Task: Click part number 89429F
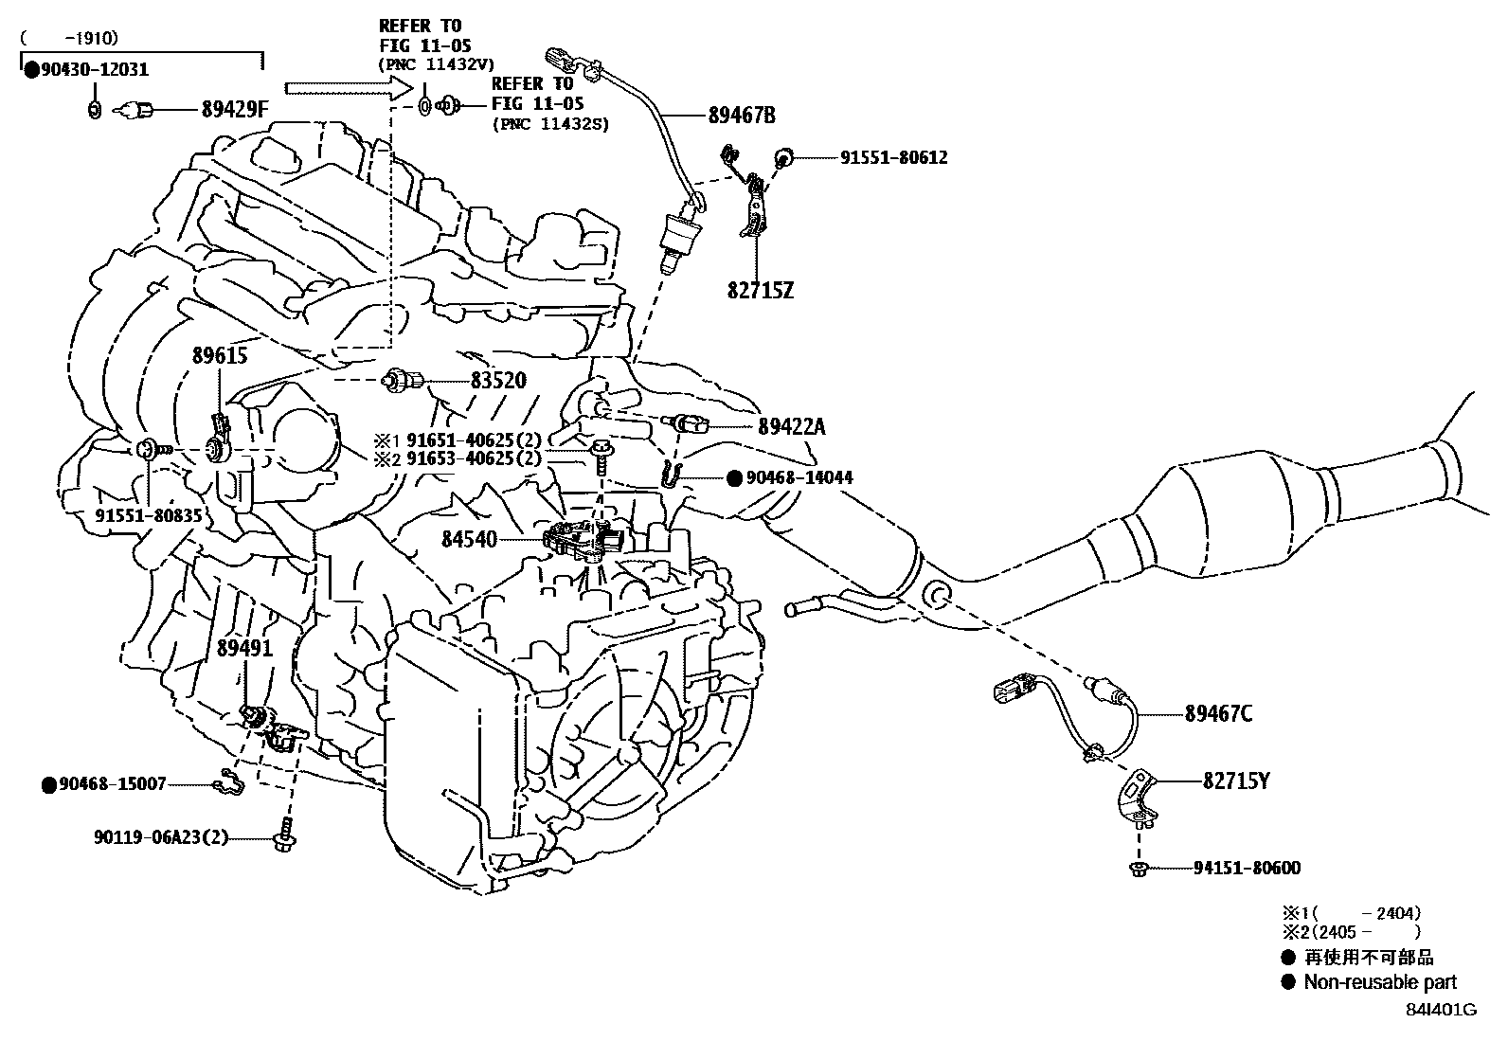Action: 235,110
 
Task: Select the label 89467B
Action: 742,116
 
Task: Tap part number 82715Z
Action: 760,290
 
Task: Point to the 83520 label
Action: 498,380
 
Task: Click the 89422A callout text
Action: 791,426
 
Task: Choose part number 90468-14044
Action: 799,478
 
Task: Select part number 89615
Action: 220,356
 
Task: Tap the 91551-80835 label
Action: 149,514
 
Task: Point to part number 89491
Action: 244,649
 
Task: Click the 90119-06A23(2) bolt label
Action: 161,837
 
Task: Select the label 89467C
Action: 1217,714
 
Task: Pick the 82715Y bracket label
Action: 1236,781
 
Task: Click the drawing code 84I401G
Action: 1441,1010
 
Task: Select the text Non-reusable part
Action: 1379,982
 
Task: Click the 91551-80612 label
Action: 893,157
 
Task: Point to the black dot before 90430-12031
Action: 31,69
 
